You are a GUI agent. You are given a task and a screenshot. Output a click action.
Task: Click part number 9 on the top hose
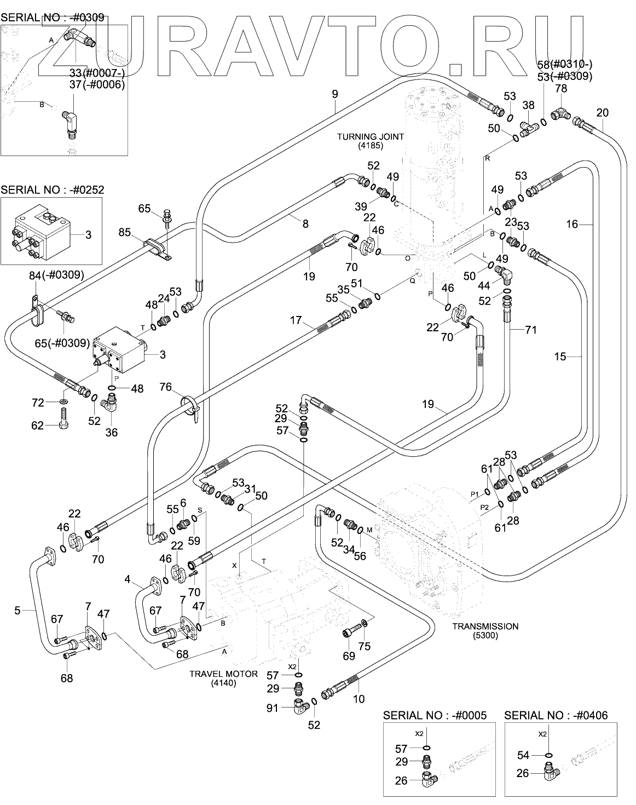click(335, 94)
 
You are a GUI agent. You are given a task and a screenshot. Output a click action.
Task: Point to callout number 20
click(602, 113)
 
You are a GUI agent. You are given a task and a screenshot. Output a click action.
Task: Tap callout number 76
click(165, 388)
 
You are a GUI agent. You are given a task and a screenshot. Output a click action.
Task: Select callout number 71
click(530, 330)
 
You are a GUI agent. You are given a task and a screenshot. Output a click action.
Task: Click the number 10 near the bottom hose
click(359, 699)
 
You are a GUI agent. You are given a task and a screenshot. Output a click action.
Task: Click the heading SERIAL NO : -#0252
click(53, 189)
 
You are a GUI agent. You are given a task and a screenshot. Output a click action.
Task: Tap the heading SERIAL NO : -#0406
click(556, 715)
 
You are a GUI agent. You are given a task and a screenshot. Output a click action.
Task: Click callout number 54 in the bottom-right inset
click(523, 755)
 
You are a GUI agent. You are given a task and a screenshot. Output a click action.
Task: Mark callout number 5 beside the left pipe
click(18, 610)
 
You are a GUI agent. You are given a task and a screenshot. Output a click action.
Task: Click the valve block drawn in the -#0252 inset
click(40, 233)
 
